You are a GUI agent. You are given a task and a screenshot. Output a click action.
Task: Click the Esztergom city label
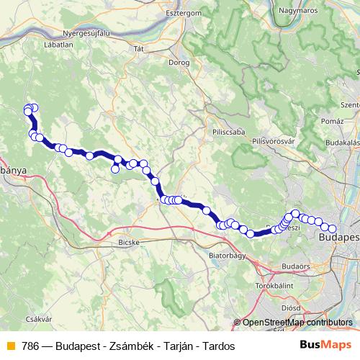186,13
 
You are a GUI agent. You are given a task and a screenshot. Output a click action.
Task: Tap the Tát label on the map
140,49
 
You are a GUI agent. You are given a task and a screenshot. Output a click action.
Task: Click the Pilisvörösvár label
276,141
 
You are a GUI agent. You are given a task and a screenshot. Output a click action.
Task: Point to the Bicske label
128,243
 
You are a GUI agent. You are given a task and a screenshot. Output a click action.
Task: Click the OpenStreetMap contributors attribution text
297,323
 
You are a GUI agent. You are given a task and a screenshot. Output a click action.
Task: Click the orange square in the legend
10,346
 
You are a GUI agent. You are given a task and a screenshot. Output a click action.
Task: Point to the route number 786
30,346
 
